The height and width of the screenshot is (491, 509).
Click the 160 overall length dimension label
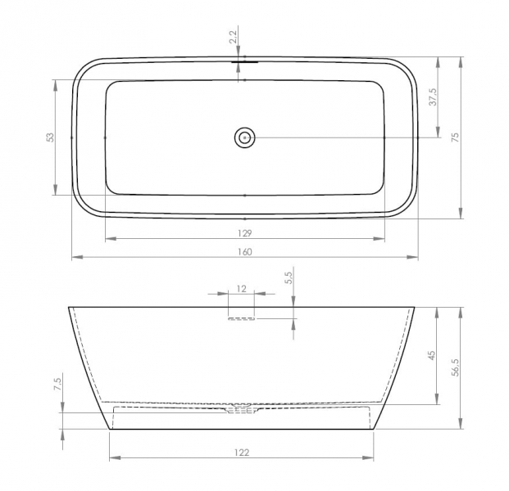pyautogui.click(x=245, y=252)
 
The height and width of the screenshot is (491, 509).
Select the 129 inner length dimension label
pyautogui.click(x=245, y=233)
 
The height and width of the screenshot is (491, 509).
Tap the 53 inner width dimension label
pyautogui.click(x=50, y=137)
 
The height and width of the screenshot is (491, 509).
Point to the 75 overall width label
pyautogui.click(x=456, y=137)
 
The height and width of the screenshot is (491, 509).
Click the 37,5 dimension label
pyautogui.click(x=433, y=97)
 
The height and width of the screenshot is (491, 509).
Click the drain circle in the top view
pyautogui.click(x=244, y=137)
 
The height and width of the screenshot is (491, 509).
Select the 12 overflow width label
pyautogui.click(x=242, y=288)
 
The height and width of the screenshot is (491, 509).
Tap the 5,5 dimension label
pyautogui.click(x=289, y=277)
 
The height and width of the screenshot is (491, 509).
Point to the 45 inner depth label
pyautogui.click(x=431, y=355)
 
